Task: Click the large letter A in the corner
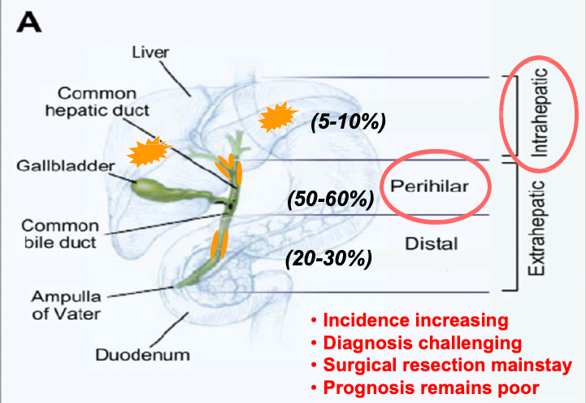tap(29, 23)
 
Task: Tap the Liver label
tap(150, 52)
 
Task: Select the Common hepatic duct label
tap(98, 102)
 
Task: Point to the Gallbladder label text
tap(65, 166)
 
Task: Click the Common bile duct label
tap(60, 234)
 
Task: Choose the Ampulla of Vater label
tap(66, 305)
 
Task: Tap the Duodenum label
tap(143, 355)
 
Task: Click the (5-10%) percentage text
tap(349, 121)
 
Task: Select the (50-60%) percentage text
tap(331, 199)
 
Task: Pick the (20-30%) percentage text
tap(329, 258)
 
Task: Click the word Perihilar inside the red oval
tap(429, 186)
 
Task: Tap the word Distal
tap(432, 244)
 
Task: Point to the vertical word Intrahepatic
tap(540, 112)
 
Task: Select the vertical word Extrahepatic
tap(536, 228)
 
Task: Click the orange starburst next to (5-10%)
tap(278, 116)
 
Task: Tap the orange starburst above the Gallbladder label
tap(149, 151)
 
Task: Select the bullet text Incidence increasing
tap(410, 321)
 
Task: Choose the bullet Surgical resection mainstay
tap(442, 365)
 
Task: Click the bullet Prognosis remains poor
tap(425, 388)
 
